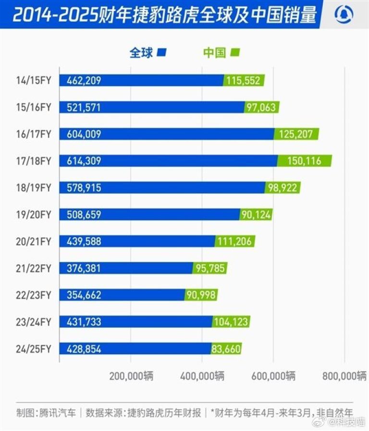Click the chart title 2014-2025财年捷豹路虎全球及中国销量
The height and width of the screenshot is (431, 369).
[164, 15]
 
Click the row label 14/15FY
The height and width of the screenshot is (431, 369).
[33, 80]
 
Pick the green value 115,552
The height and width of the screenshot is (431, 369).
[243, 80]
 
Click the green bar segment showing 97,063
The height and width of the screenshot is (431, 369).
[261, 107]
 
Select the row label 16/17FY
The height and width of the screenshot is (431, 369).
[33, 134]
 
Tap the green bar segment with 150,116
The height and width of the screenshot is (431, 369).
[304, 161]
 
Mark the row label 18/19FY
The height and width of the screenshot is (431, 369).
[33, 188]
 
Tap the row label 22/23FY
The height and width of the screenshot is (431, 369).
[33, 295]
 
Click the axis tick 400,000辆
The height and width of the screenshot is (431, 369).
[202, 376]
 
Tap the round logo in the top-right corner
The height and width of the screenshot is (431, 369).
[344, 15]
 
